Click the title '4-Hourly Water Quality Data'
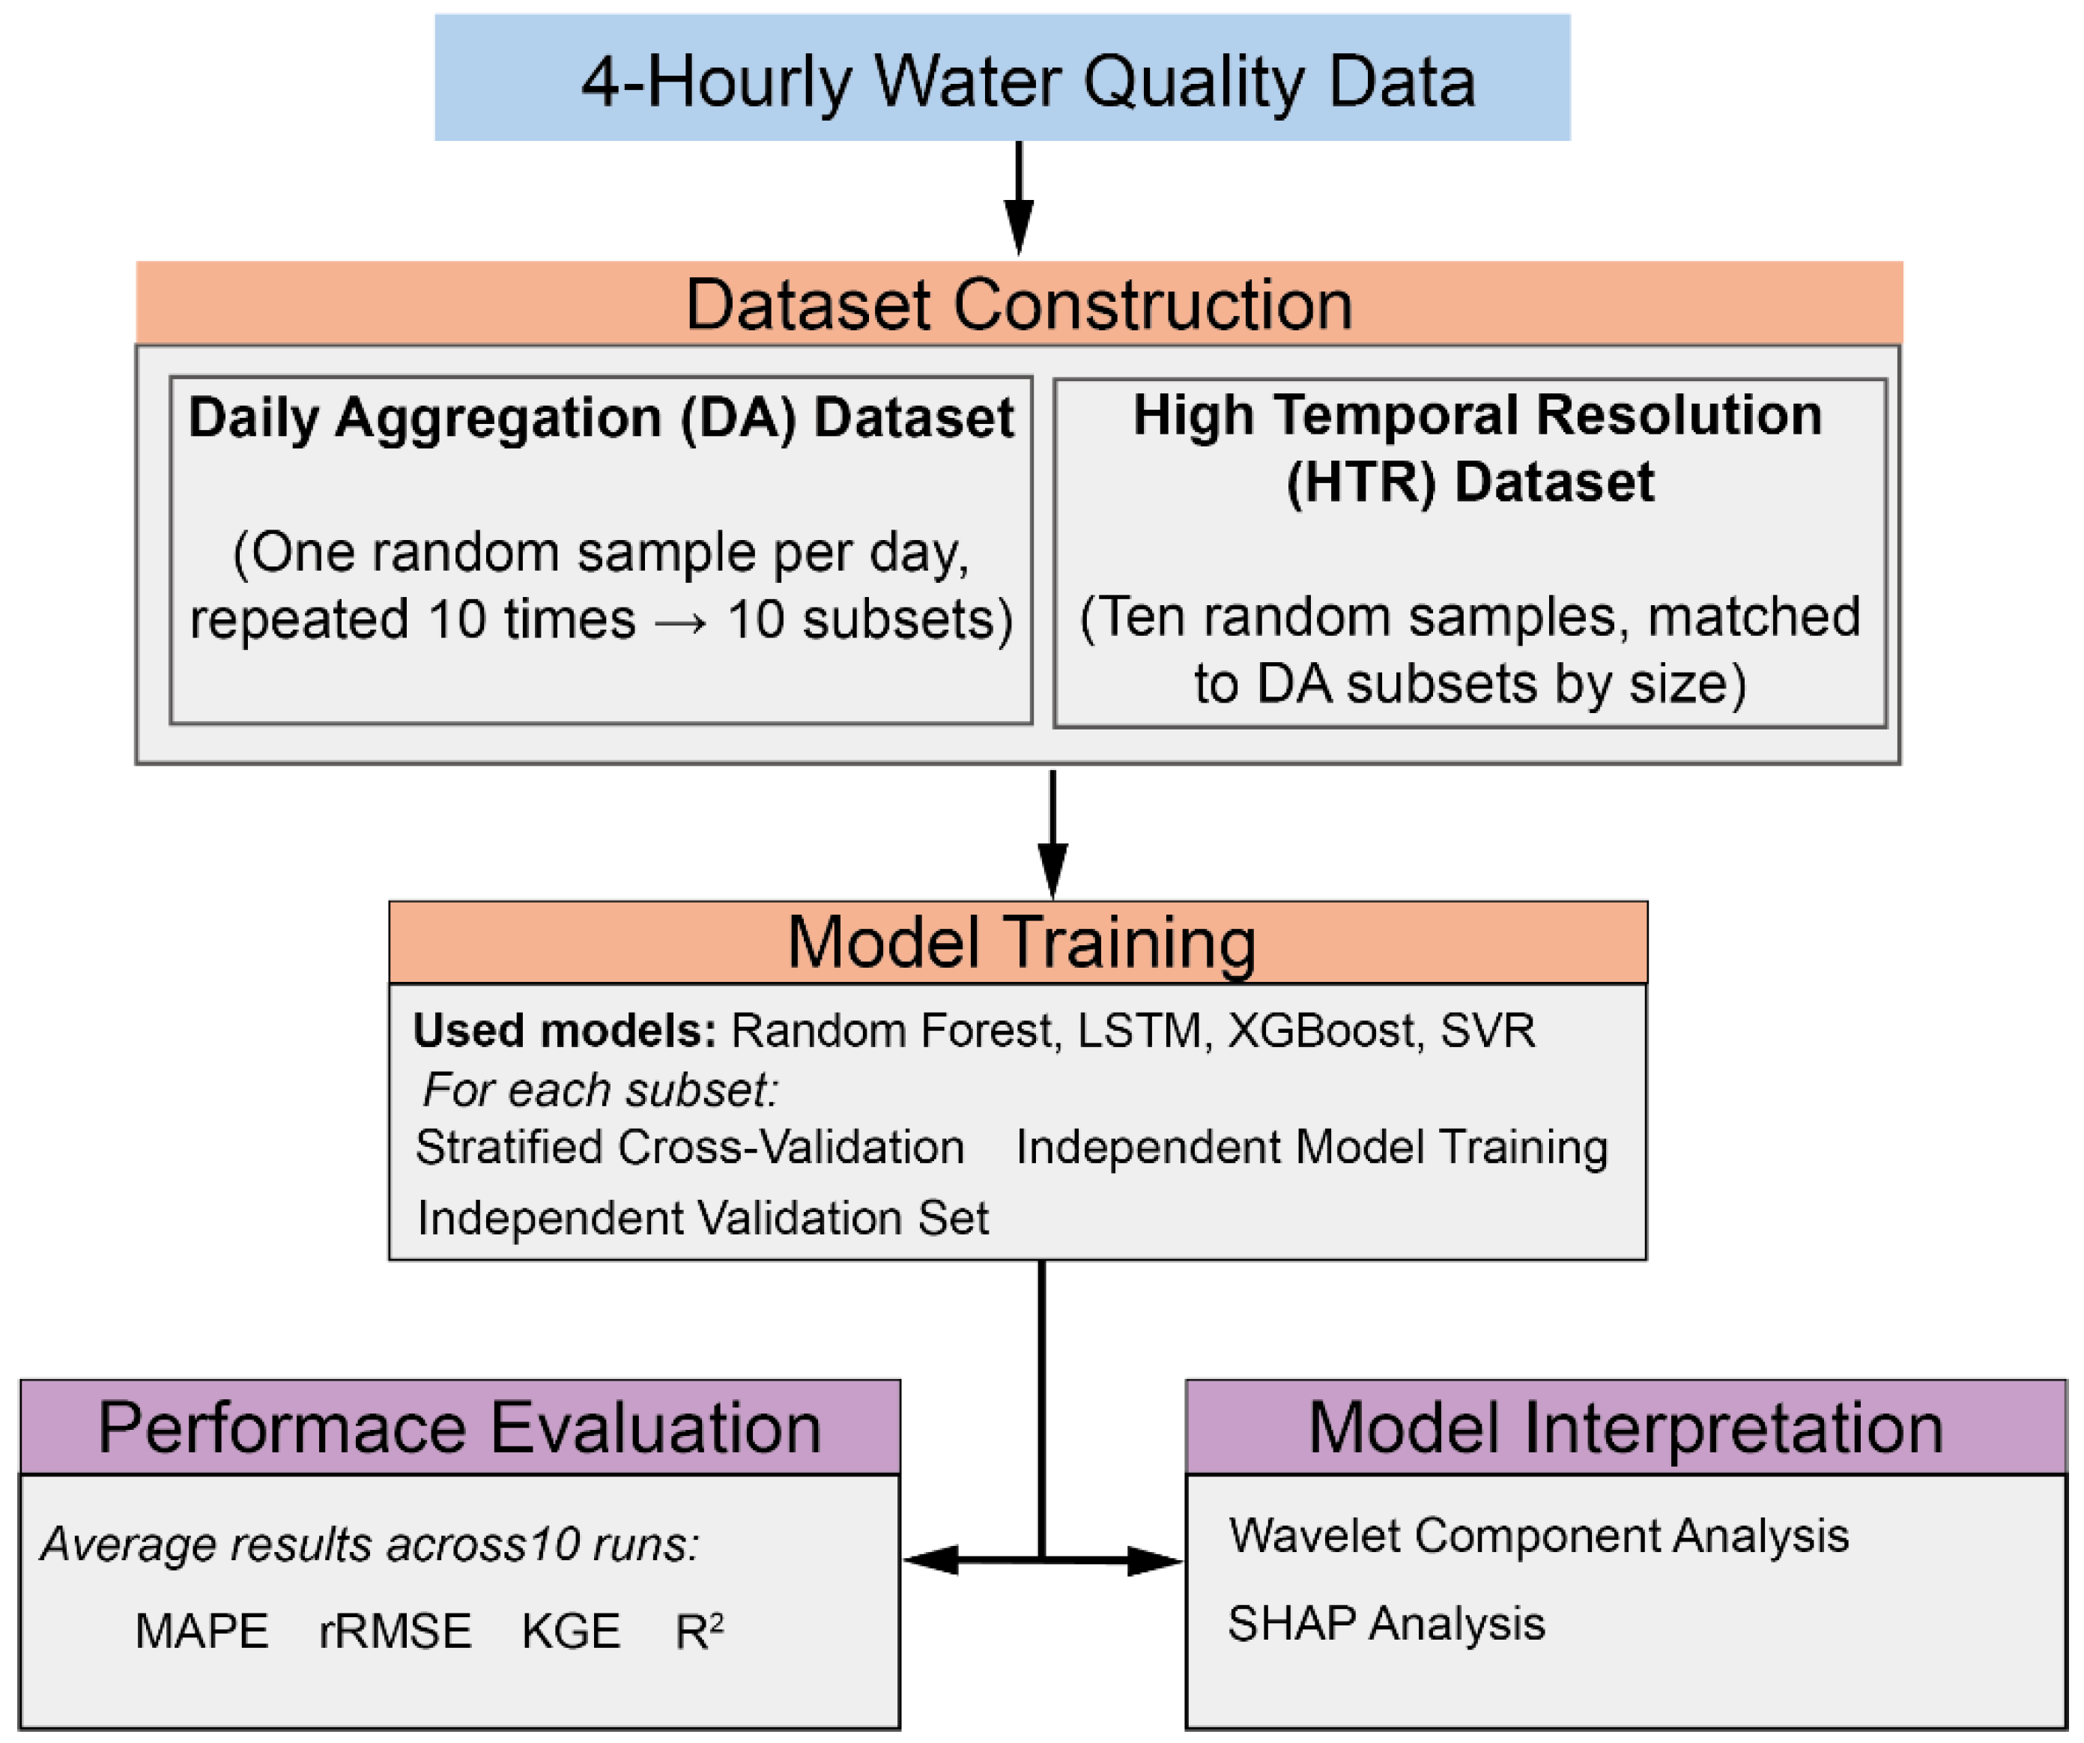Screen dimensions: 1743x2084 point(1028,82)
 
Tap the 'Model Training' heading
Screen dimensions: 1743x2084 point(1021,942)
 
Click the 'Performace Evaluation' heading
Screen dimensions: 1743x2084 point(459,1428)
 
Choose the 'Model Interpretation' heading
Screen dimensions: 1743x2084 point(1625,1428)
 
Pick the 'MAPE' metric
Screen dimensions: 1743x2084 point(202,1632)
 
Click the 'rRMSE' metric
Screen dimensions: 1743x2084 point(395,1632)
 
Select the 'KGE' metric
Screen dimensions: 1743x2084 point(571,1632)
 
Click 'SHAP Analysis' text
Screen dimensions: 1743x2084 point(1385,1624)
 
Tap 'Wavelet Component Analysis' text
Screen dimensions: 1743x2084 point(1538,1536)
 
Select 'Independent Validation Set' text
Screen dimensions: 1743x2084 point(703,1218)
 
